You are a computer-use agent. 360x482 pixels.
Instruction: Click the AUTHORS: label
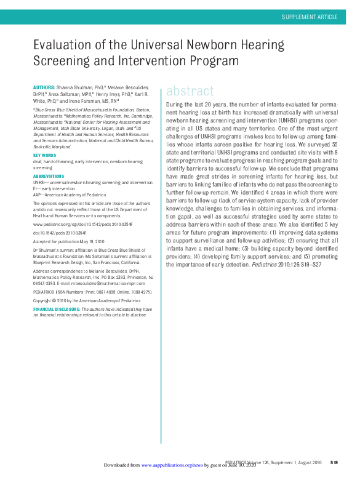(43, 88)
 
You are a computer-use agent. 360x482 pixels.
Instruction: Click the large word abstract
(190, 91)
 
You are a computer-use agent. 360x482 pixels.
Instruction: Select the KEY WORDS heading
(44, 155)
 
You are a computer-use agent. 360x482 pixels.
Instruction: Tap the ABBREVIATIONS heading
(50, 177)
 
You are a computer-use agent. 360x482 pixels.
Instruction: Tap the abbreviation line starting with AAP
(68, 193)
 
